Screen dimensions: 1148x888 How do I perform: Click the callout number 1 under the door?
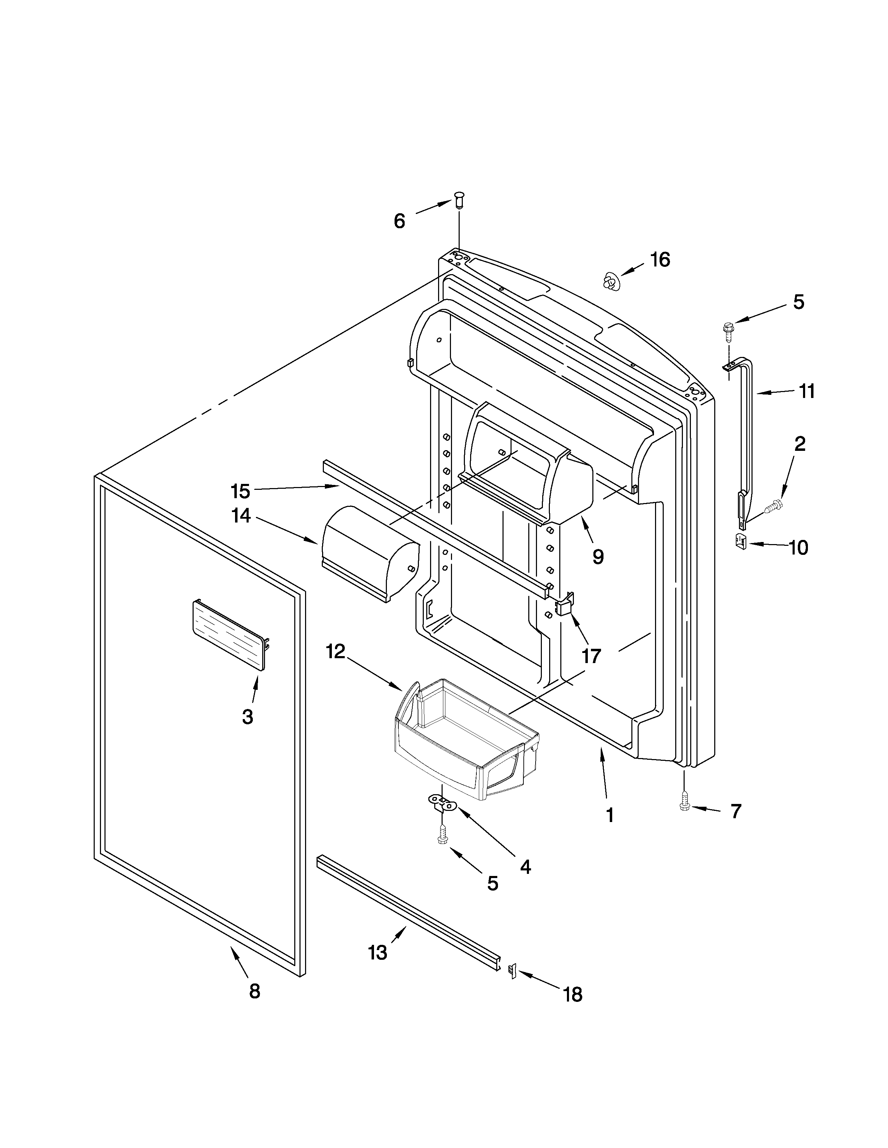(610, 815)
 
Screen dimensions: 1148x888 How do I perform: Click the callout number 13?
(378, 952)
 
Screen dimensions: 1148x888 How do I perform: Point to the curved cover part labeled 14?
(368, 552)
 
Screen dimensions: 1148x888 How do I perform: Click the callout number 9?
(598, 557)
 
